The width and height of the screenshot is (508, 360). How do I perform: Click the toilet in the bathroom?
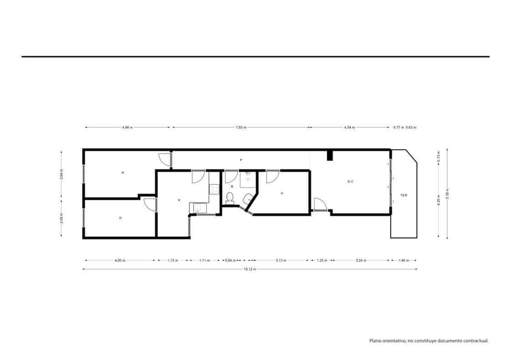[230, 198]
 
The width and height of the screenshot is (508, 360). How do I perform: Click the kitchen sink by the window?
[198, 208]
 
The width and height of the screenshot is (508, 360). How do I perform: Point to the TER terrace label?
[403, 195]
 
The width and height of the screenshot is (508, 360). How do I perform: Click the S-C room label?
[350, 182]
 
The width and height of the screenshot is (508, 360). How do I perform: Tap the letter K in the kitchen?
[179, 200]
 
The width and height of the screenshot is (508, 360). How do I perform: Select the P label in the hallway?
[241, 160]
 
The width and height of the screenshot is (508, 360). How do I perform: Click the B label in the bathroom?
[231, 187]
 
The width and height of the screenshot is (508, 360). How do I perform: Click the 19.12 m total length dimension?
[250, 269]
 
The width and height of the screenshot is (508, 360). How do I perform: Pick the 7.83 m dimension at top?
[241, 127]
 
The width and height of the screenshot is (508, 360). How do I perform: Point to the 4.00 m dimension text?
[120, 260]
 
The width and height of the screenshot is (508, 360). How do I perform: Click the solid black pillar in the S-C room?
[330, 155]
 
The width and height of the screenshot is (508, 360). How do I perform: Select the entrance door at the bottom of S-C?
[320, 205]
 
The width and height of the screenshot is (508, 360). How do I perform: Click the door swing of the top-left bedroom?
[164, 160]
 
